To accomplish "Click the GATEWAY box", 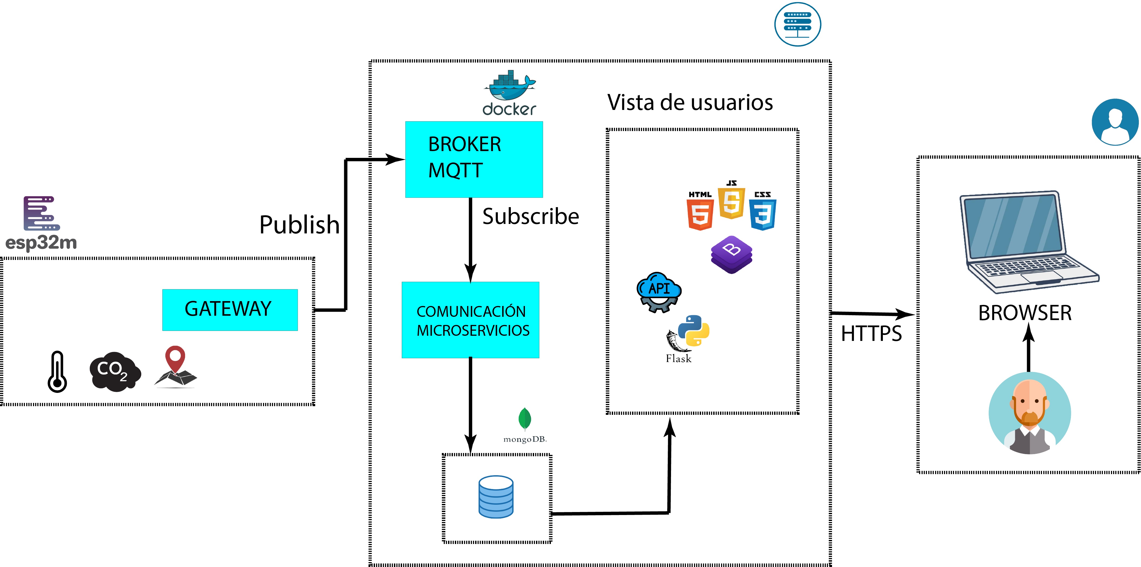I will tap(229, 309).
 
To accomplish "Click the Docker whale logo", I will tap(509, 86).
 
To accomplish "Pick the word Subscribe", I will tap(530, 216).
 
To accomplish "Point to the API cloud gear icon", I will tap(659, 292).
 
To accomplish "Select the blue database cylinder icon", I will tap(496, 497).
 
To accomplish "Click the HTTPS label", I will tap(871, 333).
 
